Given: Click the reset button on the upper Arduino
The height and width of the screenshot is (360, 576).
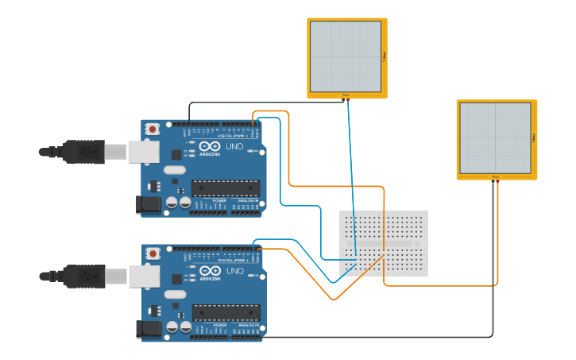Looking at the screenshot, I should (x=152, y=128).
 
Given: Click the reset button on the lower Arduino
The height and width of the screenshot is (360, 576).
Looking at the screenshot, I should (x=152, y=253).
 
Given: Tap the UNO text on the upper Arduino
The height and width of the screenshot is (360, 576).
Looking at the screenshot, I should (x=235, y=146).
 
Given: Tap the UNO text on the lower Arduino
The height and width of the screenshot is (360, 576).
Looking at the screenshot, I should (x=235, y=271).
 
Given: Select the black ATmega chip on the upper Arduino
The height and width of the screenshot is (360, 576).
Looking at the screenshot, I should (x=226, y=188).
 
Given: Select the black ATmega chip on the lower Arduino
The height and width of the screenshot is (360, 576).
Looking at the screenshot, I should (x=226, y=313).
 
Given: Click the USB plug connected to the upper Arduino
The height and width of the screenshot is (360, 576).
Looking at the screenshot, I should (x=83, y=151).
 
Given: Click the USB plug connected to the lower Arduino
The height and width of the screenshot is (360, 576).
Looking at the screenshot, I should (x=83, y=276).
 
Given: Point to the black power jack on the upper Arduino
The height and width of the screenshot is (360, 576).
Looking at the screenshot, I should (x=148, y=205).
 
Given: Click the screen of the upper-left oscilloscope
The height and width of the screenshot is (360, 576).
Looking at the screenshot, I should (x=346, y=56).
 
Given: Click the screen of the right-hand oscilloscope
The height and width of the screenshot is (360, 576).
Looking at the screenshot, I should (x=495, y=138).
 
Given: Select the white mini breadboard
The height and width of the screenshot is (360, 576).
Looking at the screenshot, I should (x=384, y=243).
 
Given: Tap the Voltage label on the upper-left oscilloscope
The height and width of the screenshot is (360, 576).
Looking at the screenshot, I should (x=385, y=56).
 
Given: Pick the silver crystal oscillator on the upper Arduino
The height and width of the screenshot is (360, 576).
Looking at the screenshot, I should (x=173, y=169).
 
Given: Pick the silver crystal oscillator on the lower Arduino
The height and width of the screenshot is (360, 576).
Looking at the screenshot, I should (x=173, y=294).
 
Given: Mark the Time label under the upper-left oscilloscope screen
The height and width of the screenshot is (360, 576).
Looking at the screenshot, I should (x=346, y=95).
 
